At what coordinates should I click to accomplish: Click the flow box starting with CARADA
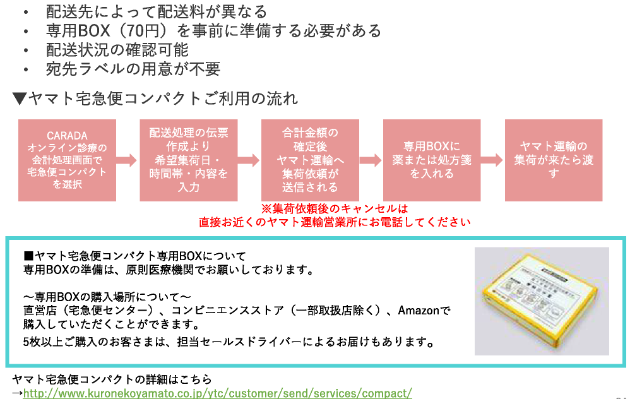tap(66, 160)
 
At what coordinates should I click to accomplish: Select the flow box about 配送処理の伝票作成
tap(188, 160)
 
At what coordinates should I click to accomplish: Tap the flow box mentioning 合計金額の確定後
tap(310, 160)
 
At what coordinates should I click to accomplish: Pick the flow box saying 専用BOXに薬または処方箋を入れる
tap(432, 160)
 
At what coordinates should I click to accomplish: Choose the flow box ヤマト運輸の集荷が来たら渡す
tap(554, 160)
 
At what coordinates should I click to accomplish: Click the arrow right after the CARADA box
tap(127, 160)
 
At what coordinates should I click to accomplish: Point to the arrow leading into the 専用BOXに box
tap(371, 160)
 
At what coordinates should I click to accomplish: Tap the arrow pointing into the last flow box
tap(492, 160)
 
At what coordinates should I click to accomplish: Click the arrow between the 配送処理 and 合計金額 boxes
tap(249, 160)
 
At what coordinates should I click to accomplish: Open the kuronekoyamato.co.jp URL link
tap(217, 393)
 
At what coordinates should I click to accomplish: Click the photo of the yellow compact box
tap(541, 301)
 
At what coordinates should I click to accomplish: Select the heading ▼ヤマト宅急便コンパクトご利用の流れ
tap(155, 98)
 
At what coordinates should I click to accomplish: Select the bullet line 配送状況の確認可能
tap(117, 49)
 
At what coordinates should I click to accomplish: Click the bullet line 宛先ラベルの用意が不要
tap(133, 69)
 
